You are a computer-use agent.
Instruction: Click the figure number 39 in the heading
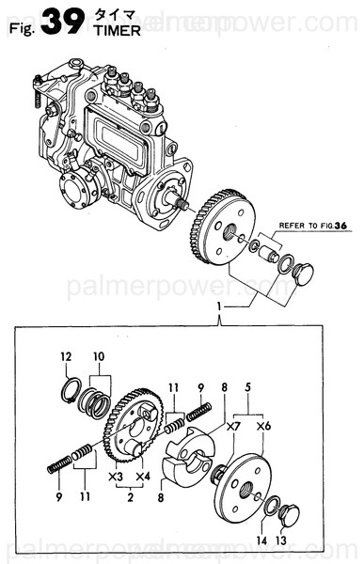click(64, 23)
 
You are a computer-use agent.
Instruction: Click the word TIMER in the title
click(118, 30)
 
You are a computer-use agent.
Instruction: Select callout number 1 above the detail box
click(218, 307)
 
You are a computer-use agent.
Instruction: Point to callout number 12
click(66, 356)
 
